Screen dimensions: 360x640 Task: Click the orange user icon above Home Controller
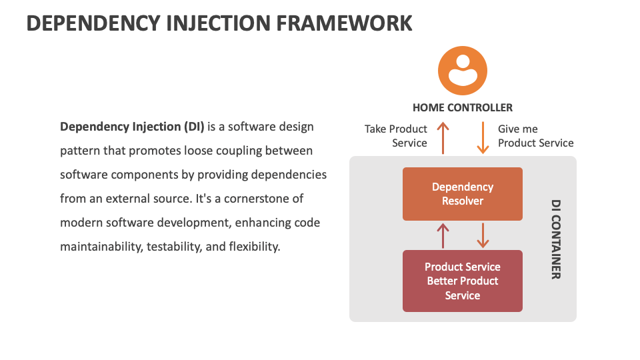click(462, 70)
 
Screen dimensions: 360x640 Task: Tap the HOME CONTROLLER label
click(462, 107)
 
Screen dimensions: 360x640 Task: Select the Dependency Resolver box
click(462, 194)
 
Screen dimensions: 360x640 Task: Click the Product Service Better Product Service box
click(462, 281)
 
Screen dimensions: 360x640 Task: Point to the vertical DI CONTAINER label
click(555, 239)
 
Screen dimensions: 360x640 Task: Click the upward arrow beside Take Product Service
click(442, 137)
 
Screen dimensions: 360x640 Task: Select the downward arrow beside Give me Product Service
click(483, 137)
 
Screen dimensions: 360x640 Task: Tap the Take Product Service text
click(396, 136)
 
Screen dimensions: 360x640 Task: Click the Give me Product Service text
click(535, 136)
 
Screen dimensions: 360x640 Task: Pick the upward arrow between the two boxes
click(442, 235)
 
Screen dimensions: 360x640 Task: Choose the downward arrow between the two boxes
click(483, 235)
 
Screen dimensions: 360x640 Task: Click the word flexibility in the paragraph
click(254, 247)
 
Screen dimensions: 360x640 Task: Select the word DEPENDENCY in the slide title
click(83, 23)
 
